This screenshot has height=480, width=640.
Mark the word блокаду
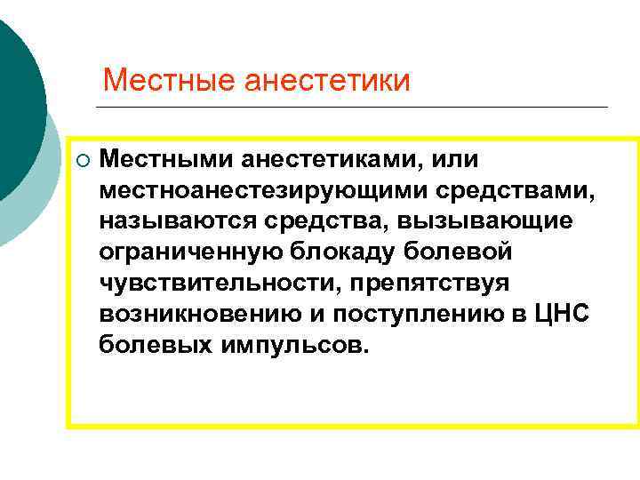332,252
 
